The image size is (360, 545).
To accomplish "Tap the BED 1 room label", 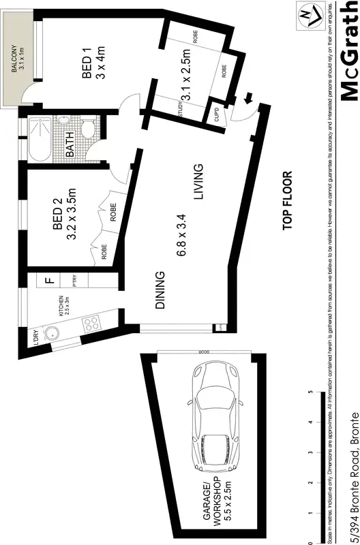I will [x=87, y=43].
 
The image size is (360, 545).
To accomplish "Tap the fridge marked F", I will [x=48, y=279].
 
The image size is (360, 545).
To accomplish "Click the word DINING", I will [x=160, y=291].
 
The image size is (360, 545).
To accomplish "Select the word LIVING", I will [x=198, y=182].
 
